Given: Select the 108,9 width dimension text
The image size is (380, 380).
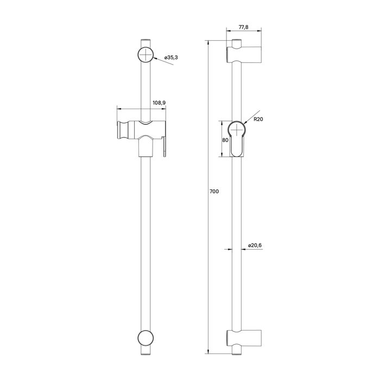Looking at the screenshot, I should [x=159, y=102].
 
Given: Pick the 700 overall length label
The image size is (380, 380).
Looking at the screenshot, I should [x=215, y=191].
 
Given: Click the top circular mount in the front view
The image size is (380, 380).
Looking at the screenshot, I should [x=145, y=55].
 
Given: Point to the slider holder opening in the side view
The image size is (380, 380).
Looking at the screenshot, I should [x=237, y=138].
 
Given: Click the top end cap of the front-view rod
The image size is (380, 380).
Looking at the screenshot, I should [x=145, y=42].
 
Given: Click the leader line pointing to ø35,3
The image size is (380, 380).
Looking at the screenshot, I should [x=164, y=62].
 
